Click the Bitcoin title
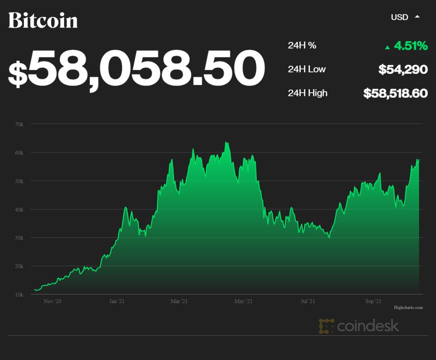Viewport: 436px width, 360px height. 43,20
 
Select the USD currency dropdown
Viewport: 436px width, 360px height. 405,17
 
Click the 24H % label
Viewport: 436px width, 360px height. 302,46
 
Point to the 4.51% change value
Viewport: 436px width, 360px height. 411,46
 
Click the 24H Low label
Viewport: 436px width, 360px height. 307,69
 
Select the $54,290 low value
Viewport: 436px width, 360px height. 403,69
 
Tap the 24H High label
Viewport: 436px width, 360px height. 308,93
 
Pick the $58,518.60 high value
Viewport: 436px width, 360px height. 395,93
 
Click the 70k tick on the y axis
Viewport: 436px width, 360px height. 19,124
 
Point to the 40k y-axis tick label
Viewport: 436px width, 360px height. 19,209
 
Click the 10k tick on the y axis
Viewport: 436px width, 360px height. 19,295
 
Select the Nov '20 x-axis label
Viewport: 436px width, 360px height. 52,301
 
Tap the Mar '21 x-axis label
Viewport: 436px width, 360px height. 179,301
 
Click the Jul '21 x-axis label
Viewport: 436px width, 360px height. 308,301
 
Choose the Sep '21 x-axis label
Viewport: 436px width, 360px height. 373,301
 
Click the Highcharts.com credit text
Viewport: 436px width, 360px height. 408,308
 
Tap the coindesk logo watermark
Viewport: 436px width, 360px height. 359,326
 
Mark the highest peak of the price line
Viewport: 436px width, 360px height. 226,142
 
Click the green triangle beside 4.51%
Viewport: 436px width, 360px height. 388,47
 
